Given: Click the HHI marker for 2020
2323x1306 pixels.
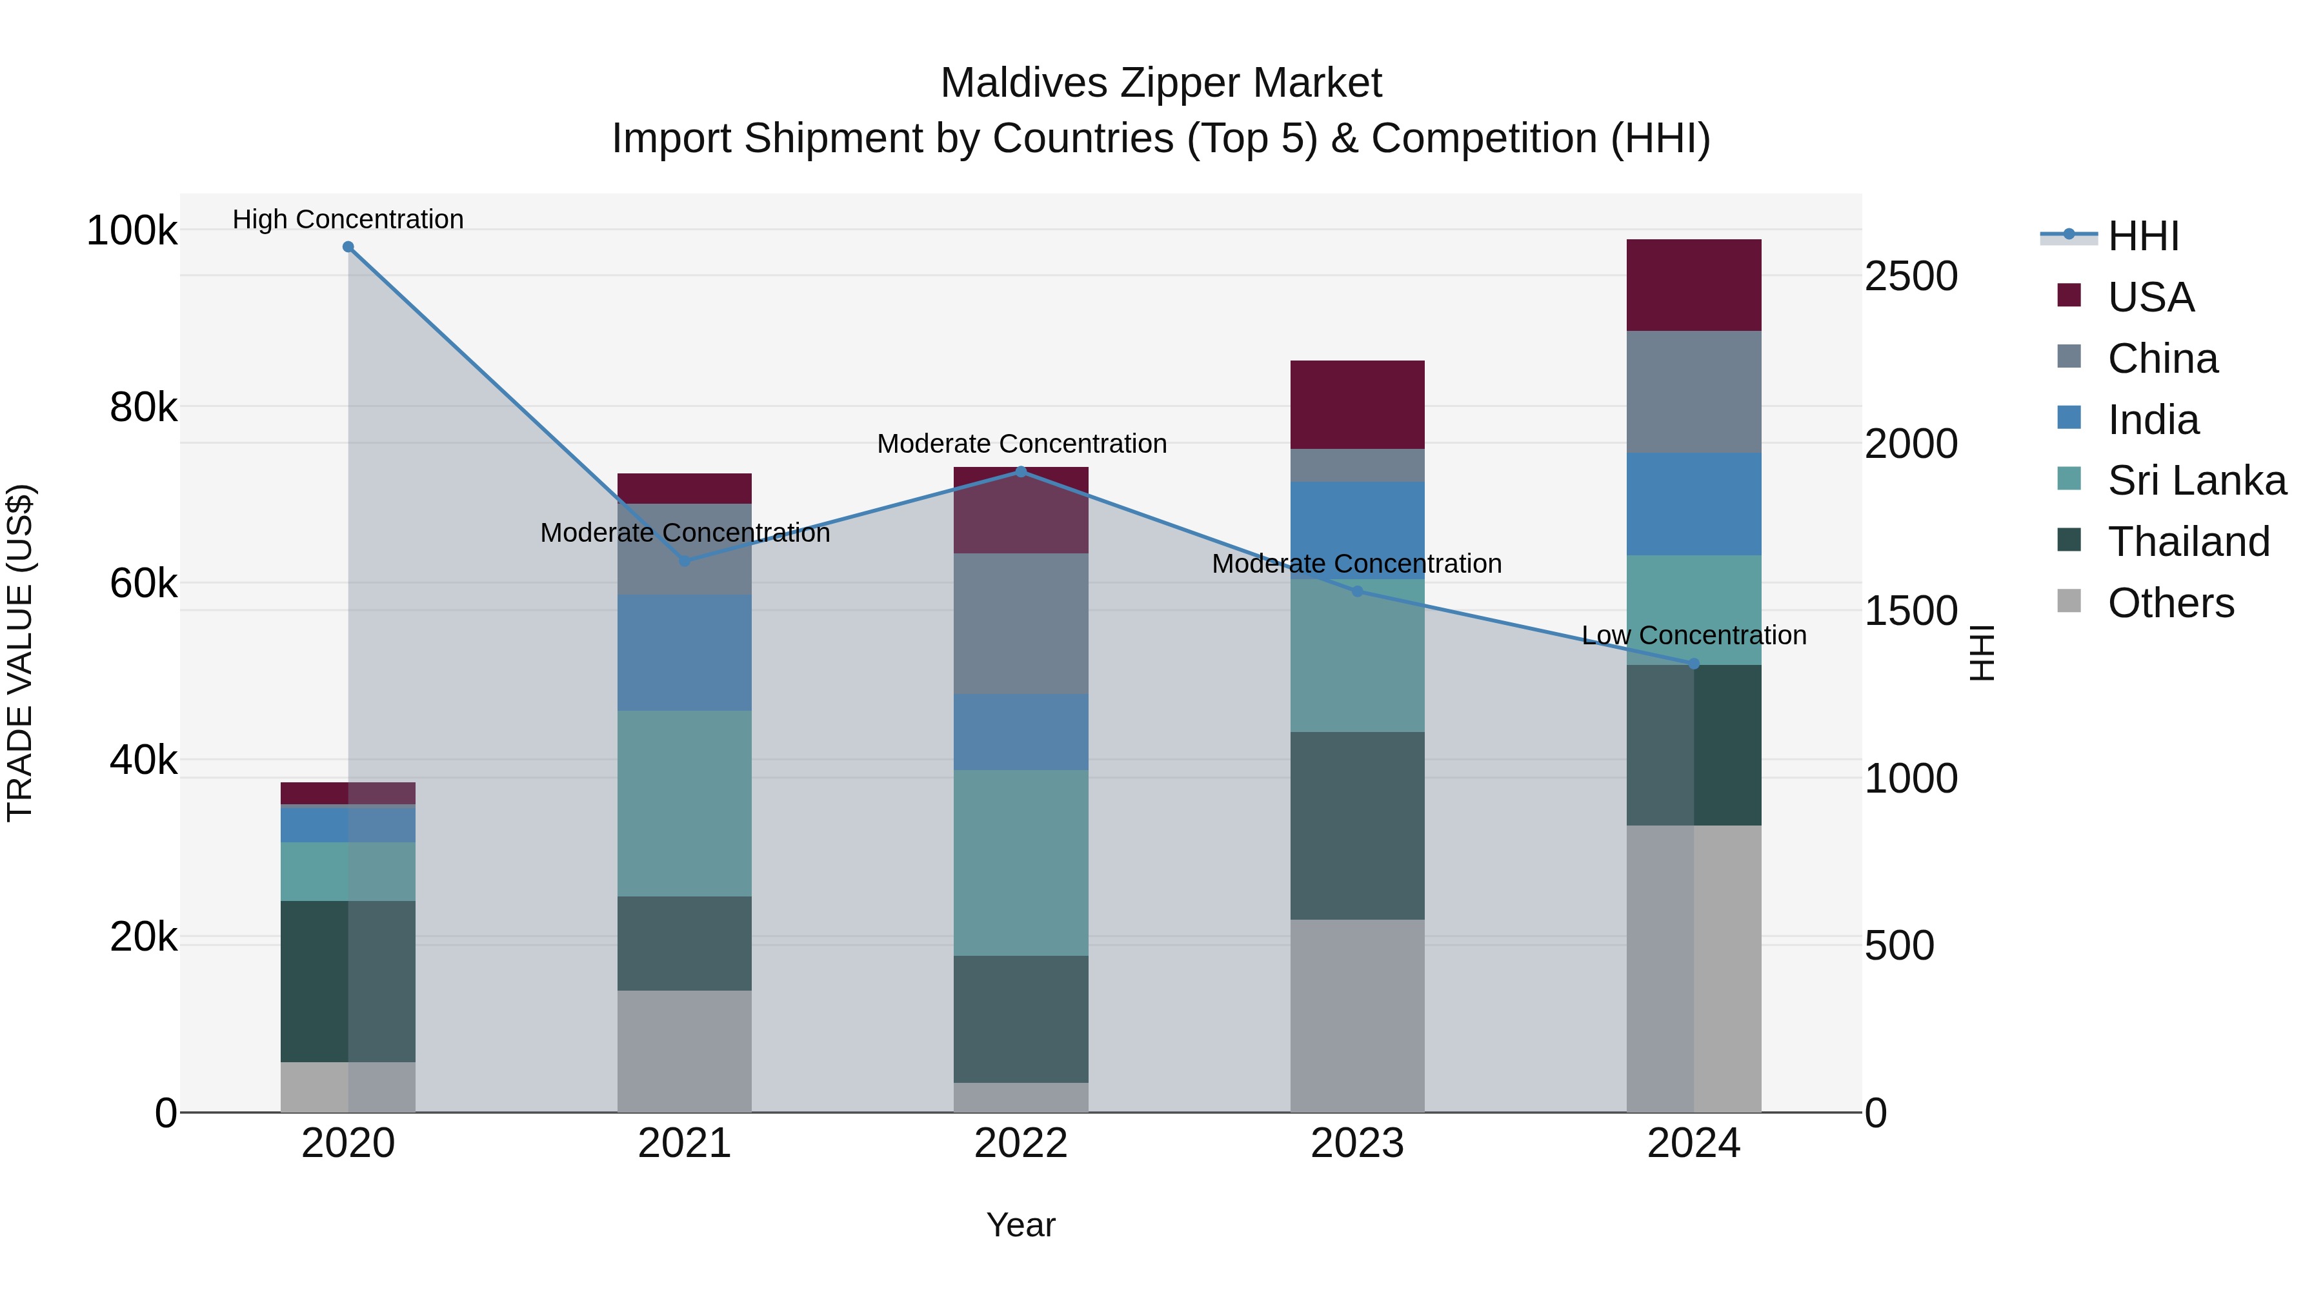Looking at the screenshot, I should (x=348, y=247).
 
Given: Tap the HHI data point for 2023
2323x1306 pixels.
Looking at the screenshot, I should (x=1357, y=591).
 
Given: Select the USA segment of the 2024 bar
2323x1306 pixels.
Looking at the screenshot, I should (x=1694, y=285).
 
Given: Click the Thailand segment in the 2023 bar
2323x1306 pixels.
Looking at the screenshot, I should (x=1357, y=825).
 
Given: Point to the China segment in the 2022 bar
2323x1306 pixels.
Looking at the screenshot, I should (x=1021, y=623).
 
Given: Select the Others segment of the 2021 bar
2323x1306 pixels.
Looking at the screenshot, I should (x=685, y=1051).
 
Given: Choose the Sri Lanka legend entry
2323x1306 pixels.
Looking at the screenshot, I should (x=2196, y=480).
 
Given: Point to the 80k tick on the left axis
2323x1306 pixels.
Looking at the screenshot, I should (x=143, y=408).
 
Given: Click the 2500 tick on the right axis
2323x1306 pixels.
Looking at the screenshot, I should (x=1910, y=276).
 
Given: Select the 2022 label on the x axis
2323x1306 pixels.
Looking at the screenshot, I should (x=1021, y=1143).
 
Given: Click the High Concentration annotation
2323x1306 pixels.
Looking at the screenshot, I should (x=348, y=219).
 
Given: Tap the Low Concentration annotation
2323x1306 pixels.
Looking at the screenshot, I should (x=1694, y=635).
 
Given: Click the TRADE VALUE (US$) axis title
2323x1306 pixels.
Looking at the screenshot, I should (x=20, y=653).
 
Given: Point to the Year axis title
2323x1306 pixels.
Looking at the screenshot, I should (x=1021, y=1225).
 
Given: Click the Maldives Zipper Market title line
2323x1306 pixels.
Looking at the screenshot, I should (x=1161, y=83).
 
